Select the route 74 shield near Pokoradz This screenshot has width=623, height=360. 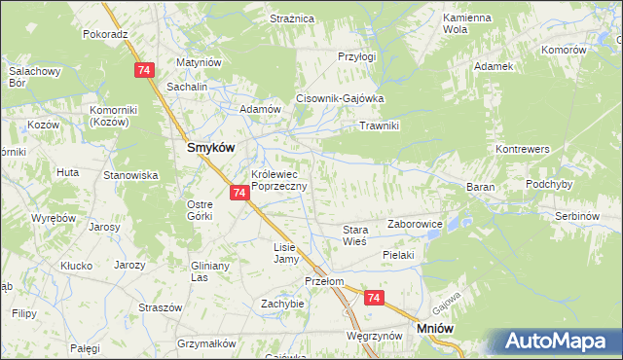(x=144, y=70)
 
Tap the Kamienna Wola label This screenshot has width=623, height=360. (x=465, y=24)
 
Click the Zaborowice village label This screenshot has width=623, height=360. (x=416, y=224)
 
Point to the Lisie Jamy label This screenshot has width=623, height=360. (x=283, y=253)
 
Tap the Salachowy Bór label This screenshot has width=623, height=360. (x=36, y=77)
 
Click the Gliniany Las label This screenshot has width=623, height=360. (x=209, y=270)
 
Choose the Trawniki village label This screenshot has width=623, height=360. (x=380, y=126)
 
